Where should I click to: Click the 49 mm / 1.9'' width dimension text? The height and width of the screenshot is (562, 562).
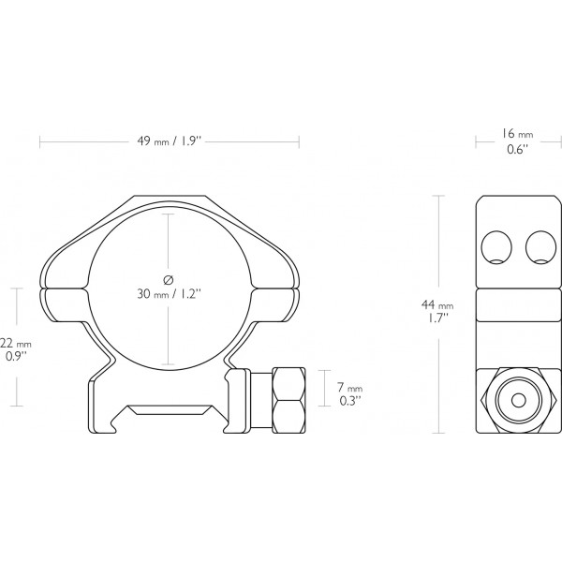point(170,142)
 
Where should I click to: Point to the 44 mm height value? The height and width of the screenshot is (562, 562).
point(437,304)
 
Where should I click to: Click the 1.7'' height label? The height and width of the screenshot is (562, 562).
point(436,318)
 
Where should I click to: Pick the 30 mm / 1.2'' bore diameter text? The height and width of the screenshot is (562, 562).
point(169,294)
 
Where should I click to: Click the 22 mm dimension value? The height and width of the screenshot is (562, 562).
point(14,344)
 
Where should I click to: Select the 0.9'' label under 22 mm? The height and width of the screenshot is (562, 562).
point(14,358)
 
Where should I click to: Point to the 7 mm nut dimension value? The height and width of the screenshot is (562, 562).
point(349,388)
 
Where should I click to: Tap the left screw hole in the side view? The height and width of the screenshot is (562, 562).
point(496,248)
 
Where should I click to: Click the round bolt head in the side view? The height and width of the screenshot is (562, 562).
point(518,396)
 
